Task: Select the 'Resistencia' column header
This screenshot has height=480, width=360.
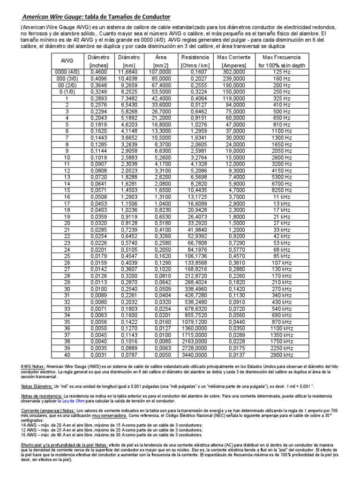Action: (x=195, y=57)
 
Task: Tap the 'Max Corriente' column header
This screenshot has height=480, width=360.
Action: (x=233, y=57)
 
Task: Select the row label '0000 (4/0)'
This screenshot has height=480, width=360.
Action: (x=67, y=72)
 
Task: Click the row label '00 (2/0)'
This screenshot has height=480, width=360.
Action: (x=67, y=86)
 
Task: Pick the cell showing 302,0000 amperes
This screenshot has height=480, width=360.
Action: (x=233, y=72)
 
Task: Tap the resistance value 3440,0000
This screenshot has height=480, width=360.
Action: (x=195, y=355)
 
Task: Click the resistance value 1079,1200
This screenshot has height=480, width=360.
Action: (x=195, y=322)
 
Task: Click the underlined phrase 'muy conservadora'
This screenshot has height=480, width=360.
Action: (x=109, y=415)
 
